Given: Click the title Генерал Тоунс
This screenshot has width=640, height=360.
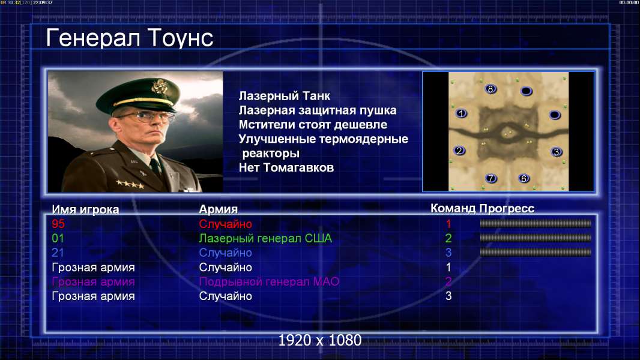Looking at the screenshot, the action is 130,38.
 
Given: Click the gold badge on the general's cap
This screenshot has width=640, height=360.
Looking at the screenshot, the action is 158,86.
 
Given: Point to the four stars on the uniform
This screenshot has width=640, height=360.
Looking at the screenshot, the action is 130,184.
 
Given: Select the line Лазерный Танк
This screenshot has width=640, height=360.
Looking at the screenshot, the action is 285,96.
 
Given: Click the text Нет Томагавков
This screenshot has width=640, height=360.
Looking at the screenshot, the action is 286,167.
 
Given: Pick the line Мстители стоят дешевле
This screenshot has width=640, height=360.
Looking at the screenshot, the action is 313,125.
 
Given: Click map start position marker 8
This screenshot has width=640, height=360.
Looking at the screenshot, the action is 490,89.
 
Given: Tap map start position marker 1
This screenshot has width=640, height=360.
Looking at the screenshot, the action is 461,113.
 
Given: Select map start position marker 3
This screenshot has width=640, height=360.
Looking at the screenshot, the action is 556,152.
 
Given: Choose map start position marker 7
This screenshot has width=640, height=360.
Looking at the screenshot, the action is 491,178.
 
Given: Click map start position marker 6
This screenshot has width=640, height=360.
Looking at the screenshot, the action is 524,178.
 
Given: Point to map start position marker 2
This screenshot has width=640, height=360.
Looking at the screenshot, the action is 459,151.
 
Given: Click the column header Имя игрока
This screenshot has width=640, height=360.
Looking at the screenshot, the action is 85,209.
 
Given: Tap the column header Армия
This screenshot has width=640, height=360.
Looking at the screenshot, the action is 219,209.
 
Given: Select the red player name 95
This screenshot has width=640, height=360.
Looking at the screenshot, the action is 58,224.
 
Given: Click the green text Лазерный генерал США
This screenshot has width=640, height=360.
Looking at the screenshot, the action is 265,239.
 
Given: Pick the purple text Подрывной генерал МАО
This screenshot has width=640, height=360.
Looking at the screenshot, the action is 269,282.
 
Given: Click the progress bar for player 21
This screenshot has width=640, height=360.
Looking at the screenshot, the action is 536,253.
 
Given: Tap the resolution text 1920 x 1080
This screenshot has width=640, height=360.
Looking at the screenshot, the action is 320,340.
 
